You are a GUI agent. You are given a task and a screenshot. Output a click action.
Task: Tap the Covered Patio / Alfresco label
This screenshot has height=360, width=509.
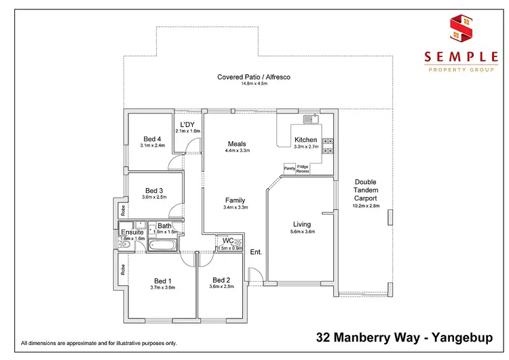(254, 77)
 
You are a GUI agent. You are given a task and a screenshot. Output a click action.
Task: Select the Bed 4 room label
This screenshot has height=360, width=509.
(153, 139)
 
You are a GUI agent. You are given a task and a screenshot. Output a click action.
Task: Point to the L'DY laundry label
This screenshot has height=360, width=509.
(187, 124)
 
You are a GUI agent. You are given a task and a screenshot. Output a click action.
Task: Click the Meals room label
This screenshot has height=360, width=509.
(237, 144)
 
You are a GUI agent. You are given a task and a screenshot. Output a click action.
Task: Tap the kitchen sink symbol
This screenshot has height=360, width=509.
(311, 120)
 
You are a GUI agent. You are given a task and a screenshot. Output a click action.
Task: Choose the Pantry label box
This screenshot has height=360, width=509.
(288, 167)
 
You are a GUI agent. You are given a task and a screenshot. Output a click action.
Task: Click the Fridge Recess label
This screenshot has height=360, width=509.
(303, 168)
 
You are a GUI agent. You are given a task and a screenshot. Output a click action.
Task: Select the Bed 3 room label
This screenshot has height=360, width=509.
(154, 191)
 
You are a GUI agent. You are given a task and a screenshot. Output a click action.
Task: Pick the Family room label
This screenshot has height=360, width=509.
(235, 200)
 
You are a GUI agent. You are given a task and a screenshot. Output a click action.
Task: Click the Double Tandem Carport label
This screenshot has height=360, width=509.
(365, 190)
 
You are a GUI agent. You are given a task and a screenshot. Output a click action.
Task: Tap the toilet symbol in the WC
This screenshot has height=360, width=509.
(237, 241)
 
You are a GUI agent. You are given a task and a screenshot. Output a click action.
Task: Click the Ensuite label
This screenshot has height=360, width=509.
(132, 232)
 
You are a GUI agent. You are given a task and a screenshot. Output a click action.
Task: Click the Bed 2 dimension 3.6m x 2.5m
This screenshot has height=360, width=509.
(222, 287)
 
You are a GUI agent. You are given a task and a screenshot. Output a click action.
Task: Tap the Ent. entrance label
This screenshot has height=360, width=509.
(256, 252)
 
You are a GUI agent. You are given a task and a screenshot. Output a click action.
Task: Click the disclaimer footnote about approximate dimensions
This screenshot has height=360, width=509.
(99, 343)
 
